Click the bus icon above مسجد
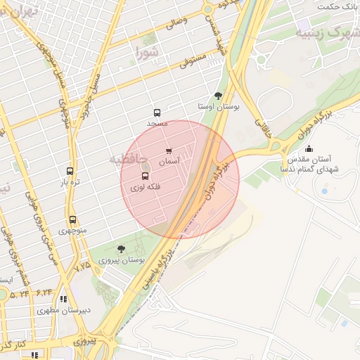click(157, 112)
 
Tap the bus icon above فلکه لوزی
click(146, 176)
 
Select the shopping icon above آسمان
click(169, 150)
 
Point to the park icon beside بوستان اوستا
click(218, 96)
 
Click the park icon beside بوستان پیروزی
click(121, 249)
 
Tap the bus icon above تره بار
click(70, 171)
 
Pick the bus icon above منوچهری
click(72, 219)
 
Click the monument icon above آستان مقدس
click(309, 148)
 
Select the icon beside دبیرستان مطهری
click(63, 299)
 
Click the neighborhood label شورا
click(148, 51)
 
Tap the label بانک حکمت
click(339, 6)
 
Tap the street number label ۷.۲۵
click(83, 266)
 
